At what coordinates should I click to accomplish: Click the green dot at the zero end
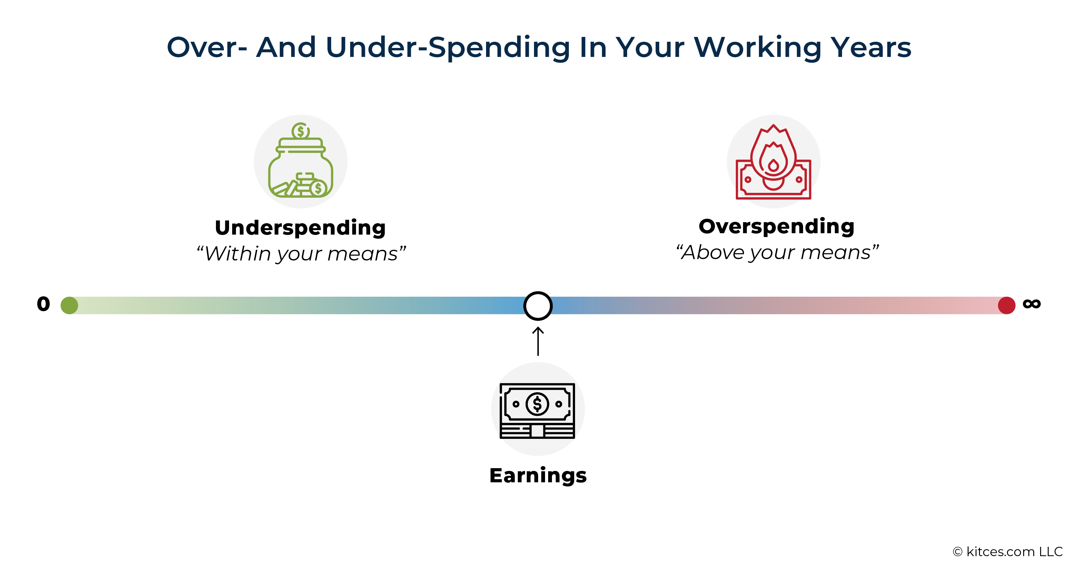(x=69, y=305)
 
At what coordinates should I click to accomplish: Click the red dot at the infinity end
(x=1007, y=305)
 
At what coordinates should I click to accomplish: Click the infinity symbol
(x=1031, y=304)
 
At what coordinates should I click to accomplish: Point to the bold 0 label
(x=43, y=304)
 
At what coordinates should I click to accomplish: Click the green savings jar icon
(x=300, y=160)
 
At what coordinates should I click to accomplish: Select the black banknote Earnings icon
(x=537, y=411)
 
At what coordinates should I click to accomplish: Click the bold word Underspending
(x=300, y=228)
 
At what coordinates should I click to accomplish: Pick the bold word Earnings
(x=538, y=476)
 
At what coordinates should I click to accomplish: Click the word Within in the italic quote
(x=238, y=254)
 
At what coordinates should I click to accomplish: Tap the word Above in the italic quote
(x=713, y=252)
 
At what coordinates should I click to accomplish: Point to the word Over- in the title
(x=207, y=47)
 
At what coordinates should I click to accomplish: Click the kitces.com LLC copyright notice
(x=1008, y=552)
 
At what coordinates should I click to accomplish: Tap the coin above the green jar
(x=300, y=130)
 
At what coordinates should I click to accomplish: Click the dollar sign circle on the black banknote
(x=537, y=404)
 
